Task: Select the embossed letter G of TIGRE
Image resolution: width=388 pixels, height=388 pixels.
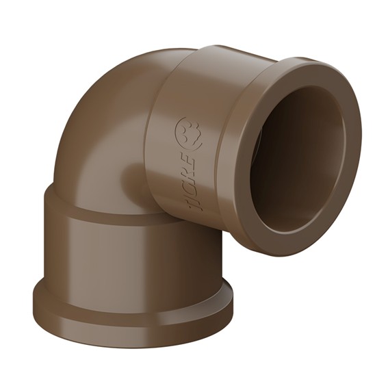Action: tap(192, 183)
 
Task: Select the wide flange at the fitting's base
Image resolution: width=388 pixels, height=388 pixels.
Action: tap(132, 314)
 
